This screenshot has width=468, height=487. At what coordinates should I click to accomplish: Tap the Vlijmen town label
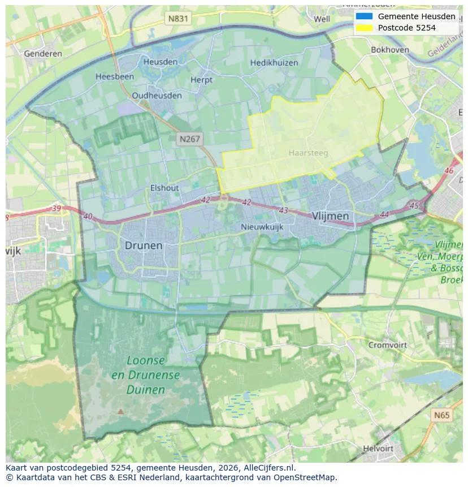330,216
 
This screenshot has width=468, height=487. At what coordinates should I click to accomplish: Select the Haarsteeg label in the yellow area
308,153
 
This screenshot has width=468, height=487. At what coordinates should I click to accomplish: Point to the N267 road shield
190,139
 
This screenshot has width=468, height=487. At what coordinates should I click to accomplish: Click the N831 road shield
178,19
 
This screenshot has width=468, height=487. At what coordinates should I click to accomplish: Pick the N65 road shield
442,415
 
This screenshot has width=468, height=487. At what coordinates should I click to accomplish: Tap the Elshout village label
164,188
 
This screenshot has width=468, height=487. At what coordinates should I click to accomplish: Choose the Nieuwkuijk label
262,227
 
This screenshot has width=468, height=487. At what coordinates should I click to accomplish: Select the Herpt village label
201,80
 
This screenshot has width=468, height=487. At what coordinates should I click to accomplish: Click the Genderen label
43,54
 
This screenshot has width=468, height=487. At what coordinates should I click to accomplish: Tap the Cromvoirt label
387,344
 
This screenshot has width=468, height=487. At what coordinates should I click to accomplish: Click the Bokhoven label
390,50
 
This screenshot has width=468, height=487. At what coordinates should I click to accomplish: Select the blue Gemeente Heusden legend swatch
365,16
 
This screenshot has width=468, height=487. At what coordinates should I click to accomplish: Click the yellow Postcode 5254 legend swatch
365,28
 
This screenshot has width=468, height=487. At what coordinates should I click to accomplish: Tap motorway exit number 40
88,216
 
